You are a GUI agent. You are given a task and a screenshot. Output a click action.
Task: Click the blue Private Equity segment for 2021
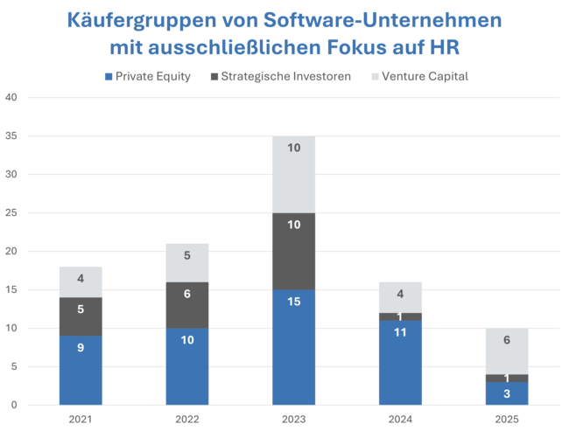(81, 370)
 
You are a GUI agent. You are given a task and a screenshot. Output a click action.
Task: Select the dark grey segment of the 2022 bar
(187, 305)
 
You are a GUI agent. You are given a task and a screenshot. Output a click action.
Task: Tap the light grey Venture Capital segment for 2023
(294, 174)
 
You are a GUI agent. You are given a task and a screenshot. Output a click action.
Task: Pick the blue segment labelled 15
(294, 347)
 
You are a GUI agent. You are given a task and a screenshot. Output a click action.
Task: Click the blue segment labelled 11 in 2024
(400, 363)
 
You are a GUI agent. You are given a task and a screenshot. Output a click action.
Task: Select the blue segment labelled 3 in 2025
(507, 393)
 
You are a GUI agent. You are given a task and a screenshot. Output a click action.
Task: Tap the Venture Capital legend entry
(421, 77)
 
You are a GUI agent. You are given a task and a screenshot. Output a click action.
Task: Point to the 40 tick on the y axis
(11, 97)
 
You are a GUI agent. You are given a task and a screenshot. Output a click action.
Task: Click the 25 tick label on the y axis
(11, 212)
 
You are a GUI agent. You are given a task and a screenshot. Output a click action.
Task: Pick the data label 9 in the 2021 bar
(81, 347)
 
